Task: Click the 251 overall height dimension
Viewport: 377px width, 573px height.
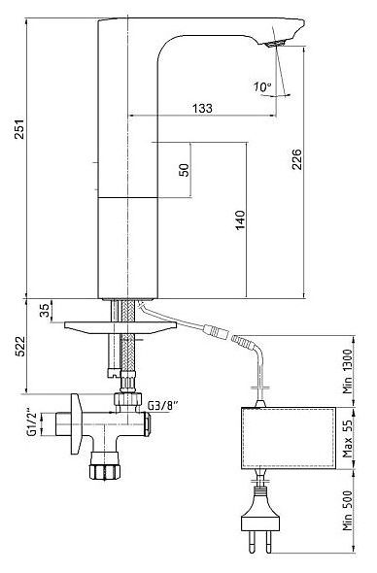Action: pyautogui.click(x=19, y=128)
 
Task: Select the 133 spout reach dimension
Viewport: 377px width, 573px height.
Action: pyautogui.click(x=202, y=108)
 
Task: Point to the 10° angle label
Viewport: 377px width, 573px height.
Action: pyautogui.click(x=262, y=86)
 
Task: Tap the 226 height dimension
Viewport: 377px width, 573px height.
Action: pyautogui.click(x=296, y=159)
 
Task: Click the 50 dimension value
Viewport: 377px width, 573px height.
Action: pyautogui.click(x=185, y=170)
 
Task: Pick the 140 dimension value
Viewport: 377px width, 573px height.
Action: pyautogui.click(x=240, y=220)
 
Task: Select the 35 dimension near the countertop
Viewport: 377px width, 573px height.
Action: pyautogui.click(x=45, y=311)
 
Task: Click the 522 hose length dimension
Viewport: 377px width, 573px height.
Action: pyautogui.click(x=19, y=346)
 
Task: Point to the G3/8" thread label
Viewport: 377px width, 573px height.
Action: pyautogui.click(x=162, y=405)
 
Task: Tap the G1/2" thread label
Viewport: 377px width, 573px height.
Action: pyautogui.click(x=32, y=423)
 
